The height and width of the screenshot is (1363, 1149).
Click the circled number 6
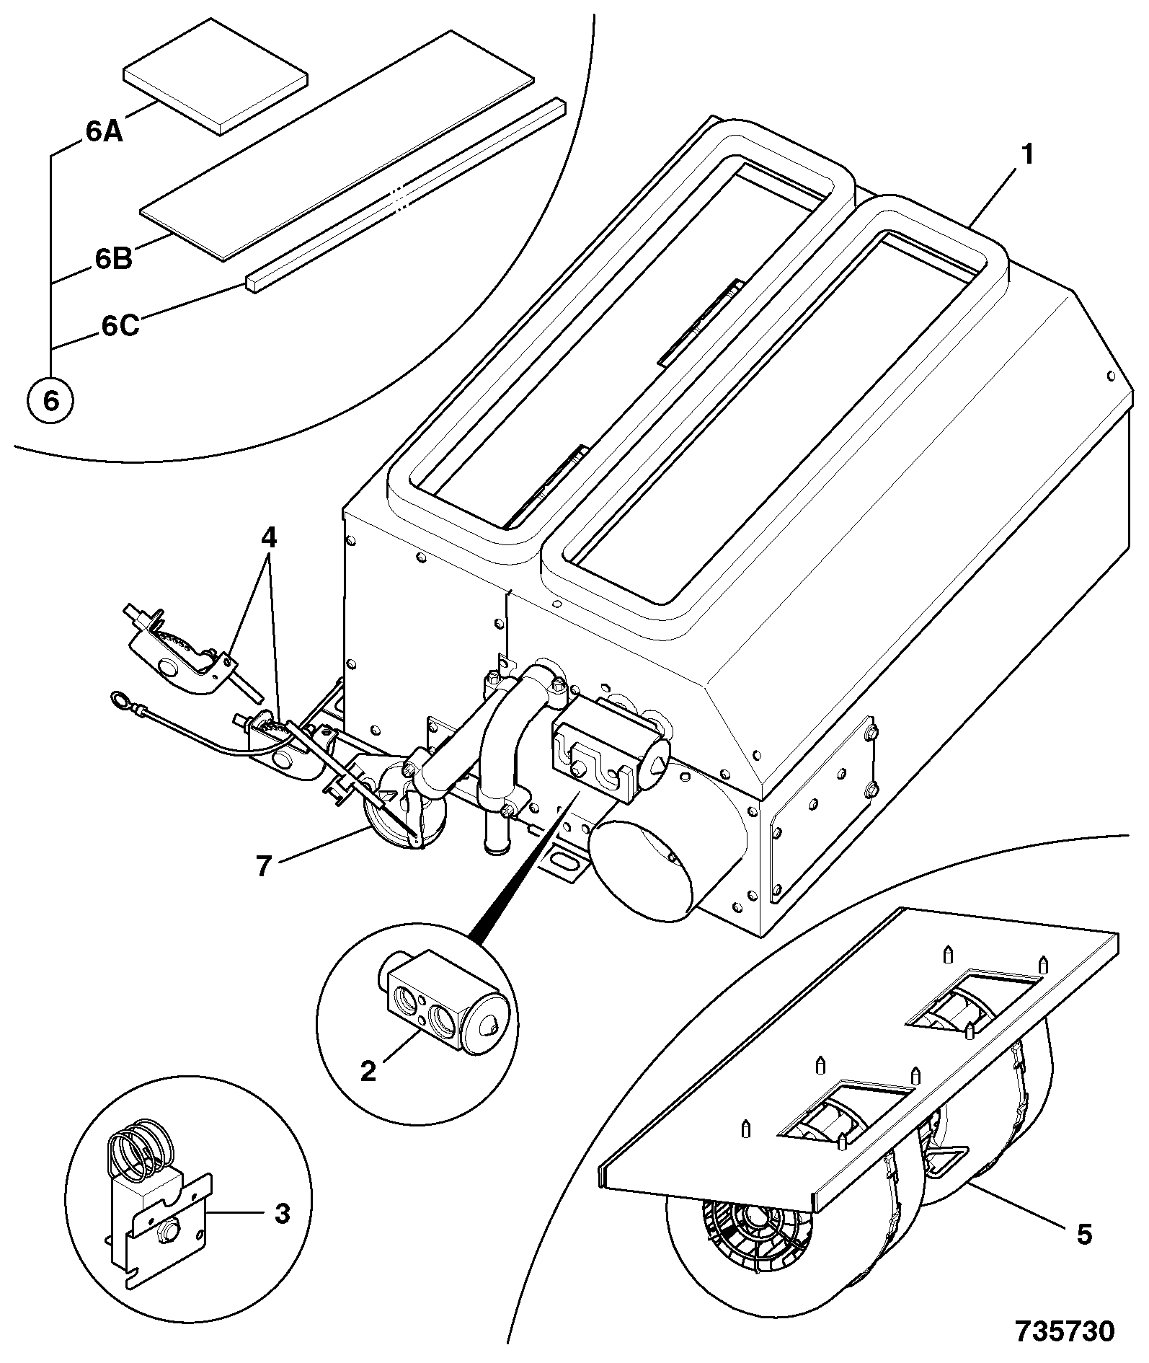50,400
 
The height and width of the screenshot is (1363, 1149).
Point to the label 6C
120,326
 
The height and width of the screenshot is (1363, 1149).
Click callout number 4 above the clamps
268,539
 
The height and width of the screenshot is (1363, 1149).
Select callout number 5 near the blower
1084,1234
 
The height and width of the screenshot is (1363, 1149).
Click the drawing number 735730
1065,1331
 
